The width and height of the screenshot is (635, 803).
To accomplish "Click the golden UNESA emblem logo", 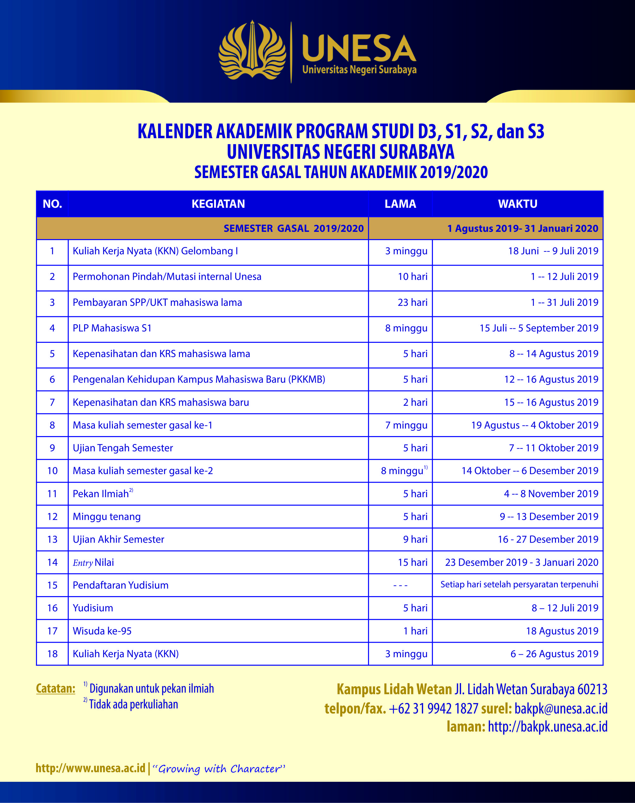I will point(252,51).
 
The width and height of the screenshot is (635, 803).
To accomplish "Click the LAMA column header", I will point(400,204).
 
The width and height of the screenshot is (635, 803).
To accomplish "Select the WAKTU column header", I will point(517,204).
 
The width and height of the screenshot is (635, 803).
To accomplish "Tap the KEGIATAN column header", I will point(218,204).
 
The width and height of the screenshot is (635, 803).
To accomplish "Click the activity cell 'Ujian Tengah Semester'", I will point(123,448).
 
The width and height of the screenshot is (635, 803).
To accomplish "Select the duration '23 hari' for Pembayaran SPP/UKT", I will point(412,302).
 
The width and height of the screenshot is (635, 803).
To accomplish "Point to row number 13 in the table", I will point(52,540).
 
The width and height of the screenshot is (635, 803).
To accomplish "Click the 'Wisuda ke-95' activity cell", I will point(102,631).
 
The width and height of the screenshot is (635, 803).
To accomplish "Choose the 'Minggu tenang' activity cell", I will point(107,517).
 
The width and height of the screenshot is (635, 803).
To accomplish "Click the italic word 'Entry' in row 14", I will point(83,563).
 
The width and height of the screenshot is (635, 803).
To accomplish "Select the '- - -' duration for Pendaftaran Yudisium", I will point(400,585).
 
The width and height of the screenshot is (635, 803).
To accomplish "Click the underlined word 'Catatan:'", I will point(56,689).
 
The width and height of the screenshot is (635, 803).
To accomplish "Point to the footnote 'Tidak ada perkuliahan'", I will point(133,705).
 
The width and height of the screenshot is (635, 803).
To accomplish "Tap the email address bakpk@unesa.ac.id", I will point(561,708).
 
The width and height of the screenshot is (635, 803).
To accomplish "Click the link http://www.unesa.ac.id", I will point(90,768).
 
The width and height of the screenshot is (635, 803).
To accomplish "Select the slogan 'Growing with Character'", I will point(219,769).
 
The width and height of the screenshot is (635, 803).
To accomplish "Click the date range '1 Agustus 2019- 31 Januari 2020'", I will point(522,228).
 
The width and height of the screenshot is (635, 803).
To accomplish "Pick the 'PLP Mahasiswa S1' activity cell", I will point(112,328).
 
